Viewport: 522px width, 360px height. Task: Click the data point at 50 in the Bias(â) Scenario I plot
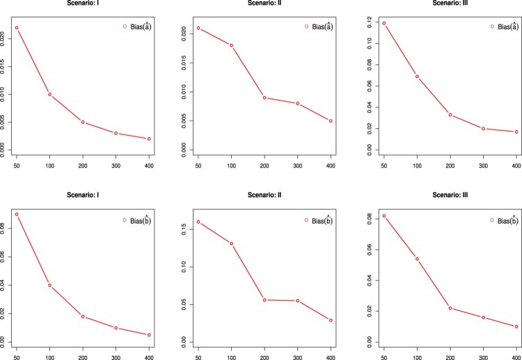17,28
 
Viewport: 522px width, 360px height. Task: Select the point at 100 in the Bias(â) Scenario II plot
231,45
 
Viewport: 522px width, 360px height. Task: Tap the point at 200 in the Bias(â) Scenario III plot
450,114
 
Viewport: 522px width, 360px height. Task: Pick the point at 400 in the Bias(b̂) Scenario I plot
149,335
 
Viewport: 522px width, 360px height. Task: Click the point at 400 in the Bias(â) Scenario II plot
331,120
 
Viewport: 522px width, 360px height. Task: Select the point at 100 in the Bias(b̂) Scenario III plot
417,259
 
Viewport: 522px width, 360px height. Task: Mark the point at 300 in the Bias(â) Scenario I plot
116,133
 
